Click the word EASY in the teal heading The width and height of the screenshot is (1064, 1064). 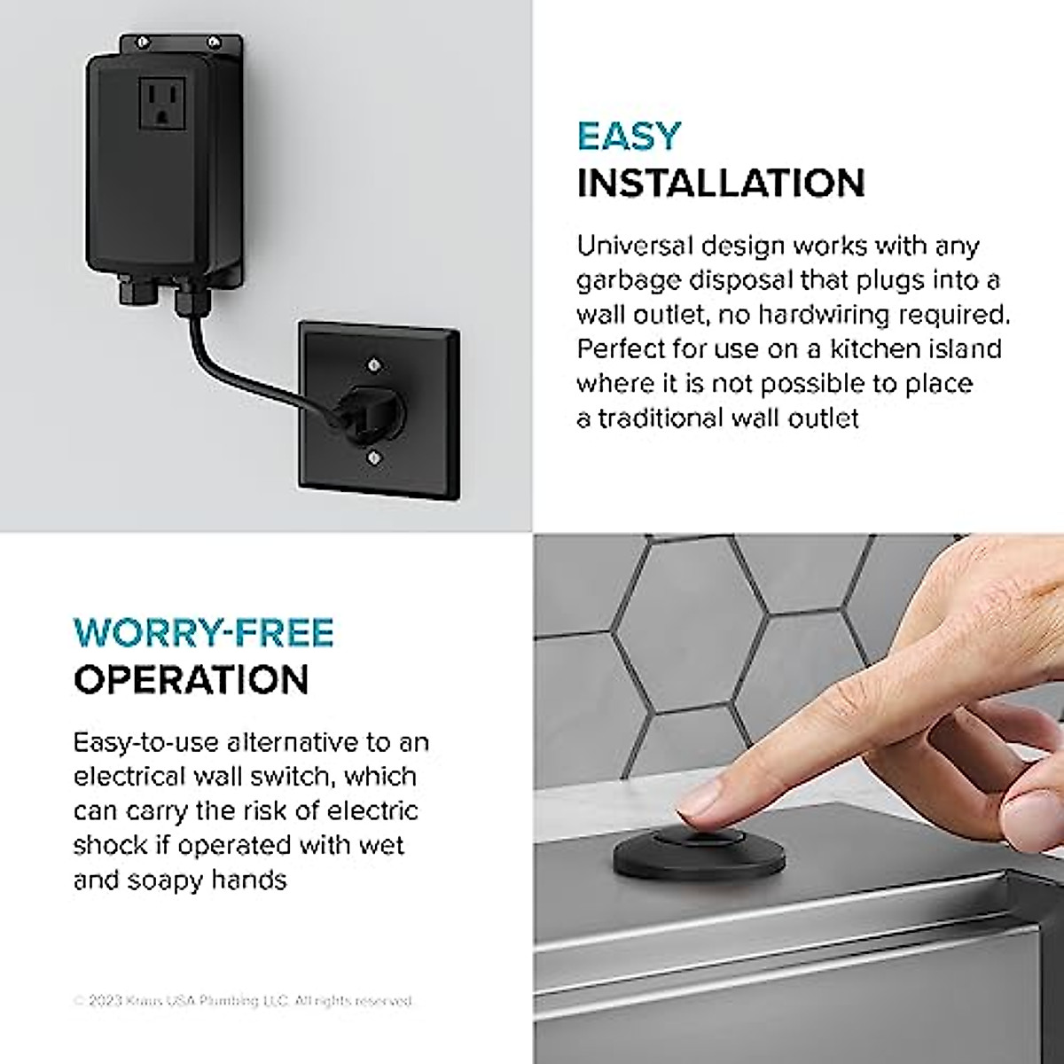pyautogui.click(x=629, y=136)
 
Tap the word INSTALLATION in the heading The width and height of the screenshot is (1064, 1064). pyautogui.click(x=721, y=183)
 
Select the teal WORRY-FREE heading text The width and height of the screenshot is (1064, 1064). pyautogui.click(x=203, y=632)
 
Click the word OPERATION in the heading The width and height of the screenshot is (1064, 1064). pyautogui.click(x=191, y=679)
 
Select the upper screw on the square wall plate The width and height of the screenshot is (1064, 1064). pyautogui.click(x=373, y=364)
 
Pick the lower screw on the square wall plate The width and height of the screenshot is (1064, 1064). pyautogui.click(x=373, y=457)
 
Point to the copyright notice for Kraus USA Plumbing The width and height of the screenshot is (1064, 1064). pyautogui.click(x=244, y=1001)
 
